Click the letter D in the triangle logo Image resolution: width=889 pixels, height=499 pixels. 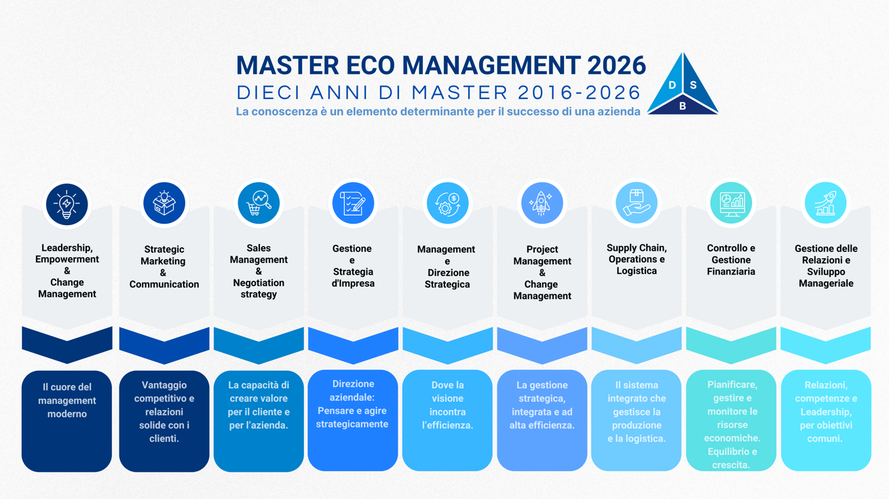[x=673, y=85]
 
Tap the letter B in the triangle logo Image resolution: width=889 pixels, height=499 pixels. [x=683, y=106]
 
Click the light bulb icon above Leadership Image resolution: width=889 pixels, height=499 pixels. [x=67, y=203]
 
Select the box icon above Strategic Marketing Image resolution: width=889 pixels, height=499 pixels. [x=164, y=203]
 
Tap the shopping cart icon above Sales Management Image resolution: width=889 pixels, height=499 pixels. [x=259, y=203]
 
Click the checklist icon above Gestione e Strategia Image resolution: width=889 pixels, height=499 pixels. [x=353, y=203]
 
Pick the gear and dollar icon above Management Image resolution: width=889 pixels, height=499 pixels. [x=447, y=203]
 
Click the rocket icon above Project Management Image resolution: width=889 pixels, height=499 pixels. [x=542, y=203]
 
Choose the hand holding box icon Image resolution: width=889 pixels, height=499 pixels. [x=636, y=203]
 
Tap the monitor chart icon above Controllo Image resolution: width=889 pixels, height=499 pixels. [x=731, y=203]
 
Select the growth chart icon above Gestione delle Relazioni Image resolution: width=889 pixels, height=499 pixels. [x=825, y=203]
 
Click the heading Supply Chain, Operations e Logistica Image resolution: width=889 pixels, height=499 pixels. [x=637, y=260]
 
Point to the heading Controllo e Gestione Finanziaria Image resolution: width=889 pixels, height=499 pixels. [x=731, y=260]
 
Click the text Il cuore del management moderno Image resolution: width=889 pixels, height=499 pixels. [x=67, y=401]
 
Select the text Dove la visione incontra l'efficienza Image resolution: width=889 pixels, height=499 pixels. [x=447, y=405]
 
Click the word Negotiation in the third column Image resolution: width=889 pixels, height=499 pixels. [x=259, y=283]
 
